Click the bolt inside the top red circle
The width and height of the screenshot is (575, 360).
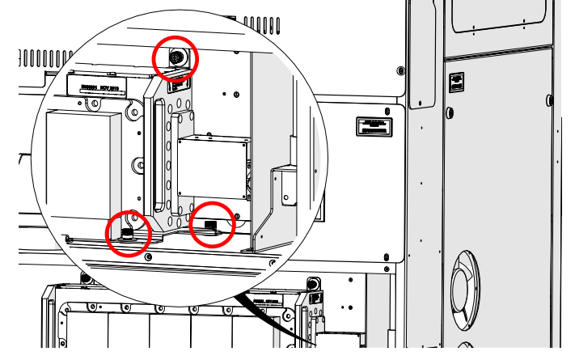click(x=175, y=57)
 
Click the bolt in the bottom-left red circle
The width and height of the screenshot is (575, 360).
click(x=128, y=234)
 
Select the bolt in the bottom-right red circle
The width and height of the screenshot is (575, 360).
click(x=211, y=224)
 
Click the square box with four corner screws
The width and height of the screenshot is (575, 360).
click(x=212, y=167)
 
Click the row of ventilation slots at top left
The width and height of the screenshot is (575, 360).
click(x=49, y=57)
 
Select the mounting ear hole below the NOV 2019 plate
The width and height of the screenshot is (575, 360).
click(x=95, y=103)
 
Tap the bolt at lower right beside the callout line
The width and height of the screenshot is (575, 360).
click(x=311, y=285)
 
